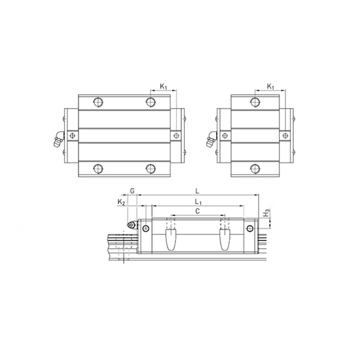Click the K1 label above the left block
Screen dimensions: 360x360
[x=164, y=86]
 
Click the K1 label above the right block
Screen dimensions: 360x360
[x=271, y=86]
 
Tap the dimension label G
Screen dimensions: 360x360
[x=132, y=190]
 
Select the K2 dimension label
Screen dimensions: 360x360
[x=120, y=203]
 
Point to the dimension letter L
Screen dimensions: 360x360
[x=198, y=190]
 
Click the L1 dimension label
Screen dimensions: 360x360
[x=198, y=203]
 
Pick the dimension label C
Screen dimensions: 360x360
[x=198, y=211]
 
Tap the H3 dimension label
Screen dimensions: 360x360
[x=266, y=213]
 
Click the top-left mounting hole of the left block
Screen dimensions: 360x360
[x=99, y=102]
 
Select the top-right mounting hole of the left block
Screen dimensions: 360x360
[x=151, y=102]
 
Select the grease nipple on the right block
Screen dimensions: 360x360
[x=209, y=138]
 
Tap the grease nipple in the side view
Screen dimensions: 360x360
[x=130, y=226]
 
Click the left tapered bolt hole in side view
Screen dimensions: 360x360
[x=171, y=237]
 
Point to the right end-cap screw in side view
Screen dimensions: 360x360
[x=249, y=228]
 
